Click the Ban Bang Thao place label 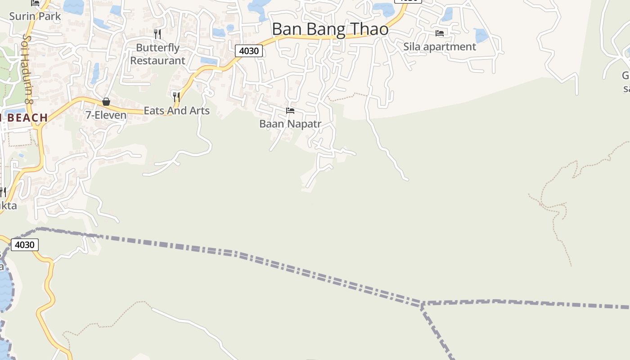330,29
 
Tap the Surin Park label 35,16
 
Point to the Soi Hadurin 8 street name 28,70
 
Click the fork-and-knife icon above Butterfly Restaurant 157,34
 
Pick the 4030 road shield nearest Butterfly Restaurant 249,51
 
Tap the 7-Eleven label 106,115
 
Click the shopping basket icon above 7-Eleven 106,102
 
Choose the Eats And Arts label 176,110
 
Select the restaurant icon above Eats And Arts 176,96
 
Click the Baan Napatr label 290,124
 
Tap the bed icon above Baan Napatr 290,111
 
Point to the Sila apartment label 439,47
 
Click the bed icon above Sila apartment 440,33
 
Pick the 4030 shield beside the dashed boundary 24,245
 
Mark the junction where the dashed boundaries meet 422,304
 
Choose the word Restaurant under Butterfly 157,60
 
